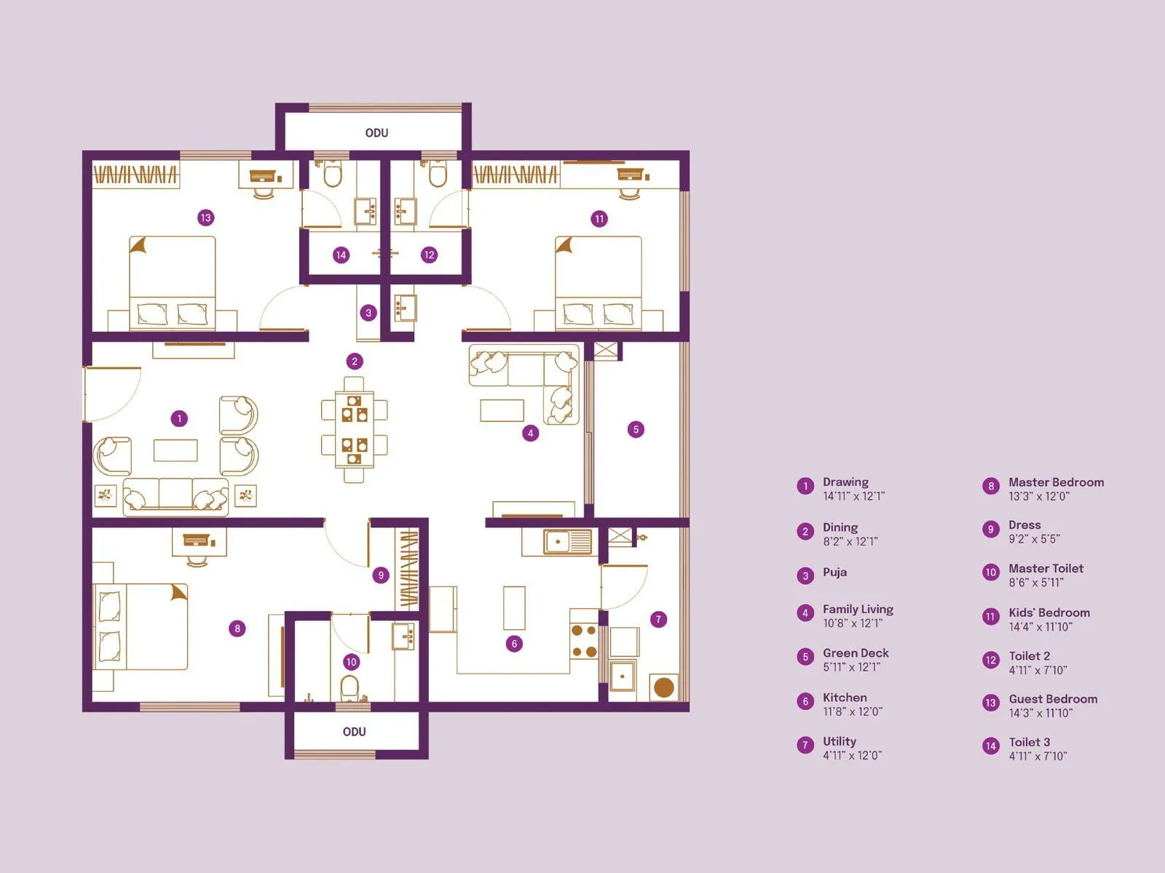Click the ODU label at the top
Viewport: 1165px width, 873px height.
point(376,132)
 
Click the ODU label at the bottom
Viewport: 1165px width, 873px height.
point(354,731)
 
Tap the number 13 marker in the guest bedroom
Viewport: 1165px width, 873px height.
point(205,218)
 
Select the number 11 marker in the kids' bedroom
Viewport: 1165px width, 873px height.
point(599,219)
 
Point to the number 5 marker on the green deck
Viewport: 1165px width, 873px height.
point(636,429)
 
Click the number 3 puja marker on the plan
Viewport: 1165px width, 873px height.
point(368,313)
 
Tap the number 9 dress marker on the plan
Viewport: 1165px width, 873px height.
point(381,575)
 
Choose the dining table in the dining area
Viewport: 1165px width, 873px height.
point(355,429)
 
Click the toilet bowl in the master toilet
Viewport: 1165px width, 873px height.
point(350,688)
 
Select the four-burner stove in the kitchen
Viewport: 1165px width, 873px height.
point(584,641)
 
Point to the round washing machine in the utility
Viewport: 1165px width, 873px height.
point(663,687)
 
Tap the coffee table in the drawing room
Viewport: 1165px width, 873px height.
point(175,450)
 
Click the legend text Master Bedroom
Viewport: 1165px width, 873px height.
point(1056,482)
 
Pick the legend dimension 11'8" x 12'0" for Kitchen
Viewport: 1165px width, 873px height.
point(853,711)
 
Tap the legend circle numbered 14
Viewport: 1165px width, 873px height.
point(990,746)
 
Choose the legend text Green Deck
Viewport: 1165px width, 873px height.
point(856,653)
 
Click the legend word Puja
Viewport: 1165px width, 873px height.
point(834,572)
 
